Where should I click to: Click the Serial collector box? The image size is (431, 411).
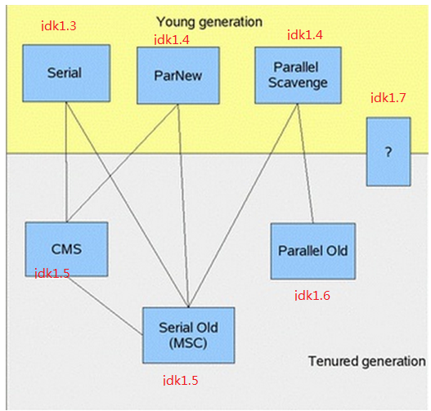[66, 74]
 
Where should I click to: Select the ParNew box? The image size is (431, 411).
[178, 75]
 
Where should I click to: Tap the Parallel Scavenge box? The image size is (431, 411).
[298, 75]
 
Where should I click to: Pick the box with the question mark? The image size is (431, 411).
[388, 152]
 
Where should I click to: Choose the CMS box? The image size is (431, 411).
[66, 249]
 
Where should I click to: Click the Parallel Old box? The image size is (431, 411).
[312, 251]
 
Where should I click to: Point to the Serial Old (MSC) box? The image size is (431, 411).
[189, 335]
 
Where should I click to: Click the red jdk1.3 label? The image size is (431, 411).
[59, 26]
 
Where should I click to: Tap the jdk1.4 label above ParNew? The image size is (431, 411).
[172, 40]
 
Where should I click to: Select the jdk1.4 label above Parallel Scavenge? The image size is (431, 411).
[305, 35]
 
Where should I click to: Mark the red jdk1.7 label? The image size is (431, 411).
[388, 98]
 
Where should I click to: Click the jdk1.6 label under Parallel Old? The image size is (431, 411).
[312, 296]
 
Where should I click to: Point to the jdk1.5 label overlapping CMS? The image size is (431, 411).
[52, 274]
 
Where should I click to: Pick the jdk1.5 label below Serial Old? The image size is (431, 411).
[181, 381]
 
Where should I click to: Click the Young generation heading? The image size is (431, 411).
[209, 22]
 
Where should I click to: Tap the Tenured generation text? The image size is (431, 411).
[367, 361]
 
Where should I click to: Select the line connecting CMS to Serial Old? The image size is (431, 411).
[106, 306]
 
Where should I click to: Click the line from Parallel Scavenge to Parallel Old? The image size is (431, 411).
[305, 163]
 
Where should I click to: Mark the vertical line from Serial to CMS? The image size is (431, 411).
[66, 162]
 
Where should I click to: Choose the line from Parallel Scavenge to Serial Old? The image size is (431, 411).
[243, 205]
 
